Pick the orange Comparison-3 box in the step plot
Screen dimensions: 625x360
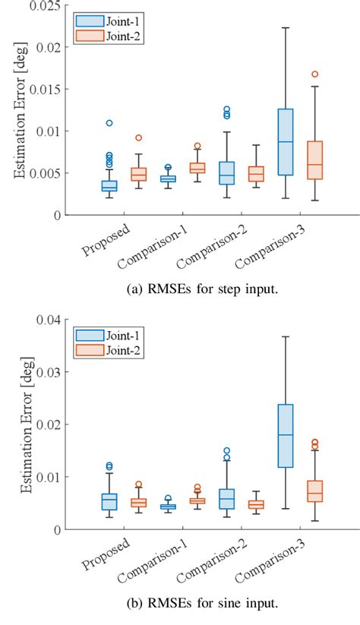[x=314, y=160]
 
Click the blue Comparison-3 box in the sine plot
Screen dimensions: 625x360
[x=285, y=435]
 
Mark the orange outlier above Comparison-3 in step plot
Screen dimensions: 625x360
[x=314, y=74]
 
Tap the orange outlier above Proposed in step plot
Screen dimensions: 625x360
[x=138, y=137]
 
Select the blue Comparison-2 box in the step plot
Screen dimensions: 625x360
[x=226, y=173]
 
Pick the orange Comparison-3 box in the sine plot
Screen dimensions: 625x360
[x=314, y=491]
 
